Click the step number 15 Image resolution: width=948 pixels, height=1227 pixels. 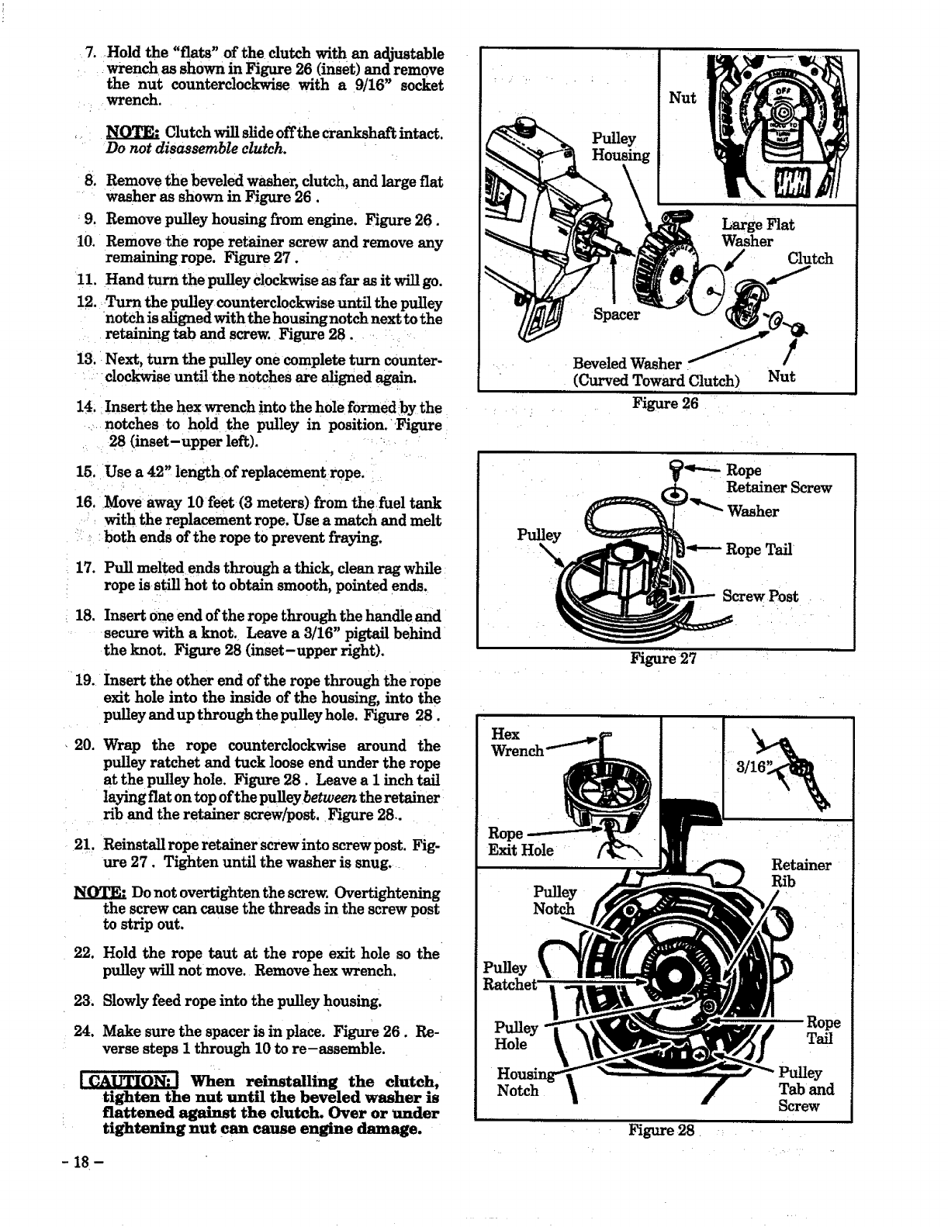pyautogui.click(x=85, y=472)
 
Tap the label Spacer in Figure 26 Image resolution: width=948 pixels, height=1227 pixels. pyautogui.click(x=617, y=314)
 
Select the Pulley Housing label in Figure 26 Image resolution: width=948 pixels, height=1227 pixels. pyautogui.click(x=621, y=147)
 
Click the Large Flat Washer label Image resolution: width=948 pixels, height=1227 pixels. pyautogui.click(x=757, y=233)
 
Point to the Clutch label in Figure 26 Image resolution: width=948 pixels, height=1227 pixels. pyautogui.click(x=810, y=259)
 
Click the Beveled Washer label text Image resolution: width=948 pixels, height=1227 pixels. pyautogui.click(x=627, y=364)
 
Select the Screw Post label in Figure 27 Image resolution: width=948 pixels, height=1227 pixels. pyautogui.click(x=759, y=596)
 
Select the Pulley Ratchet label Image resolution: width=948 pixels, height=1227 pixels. pyautogui.click(x=509, y=976)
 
